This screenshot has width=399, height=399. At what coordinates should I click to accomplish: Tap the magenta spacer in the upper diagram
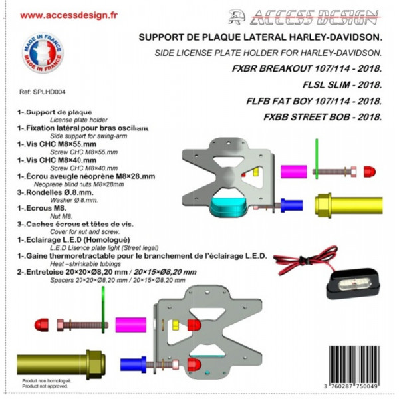pos(293,170)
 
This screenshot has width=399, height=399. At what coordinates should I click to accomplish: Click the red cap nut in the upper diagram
pos(369,171)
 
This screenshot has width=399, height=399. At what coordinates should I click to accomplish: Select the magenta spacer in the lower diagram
pos(130,324)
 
